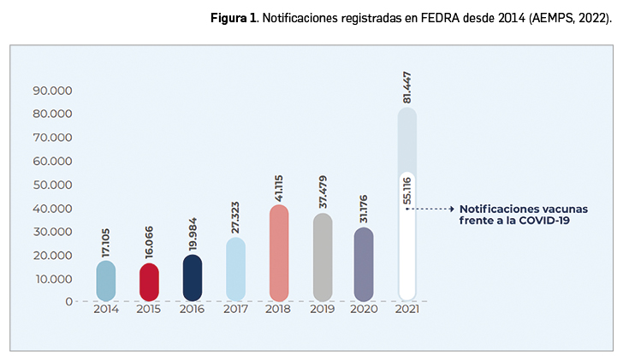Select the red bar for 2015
point(149,282)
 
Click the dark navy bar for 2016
point(193,278)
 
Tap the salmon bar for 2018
point(278,253)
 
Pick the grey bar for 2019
point(321,257)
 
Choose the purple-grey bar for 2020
point(364,264)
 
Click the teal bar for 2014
point(106,281)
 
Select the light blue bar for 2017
point(235,269)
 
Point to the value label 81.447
point(407,86)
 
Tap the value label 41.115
point(278,181)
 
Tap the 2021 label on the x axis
point(407,310)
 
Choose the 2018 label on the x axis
point(278,310)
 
